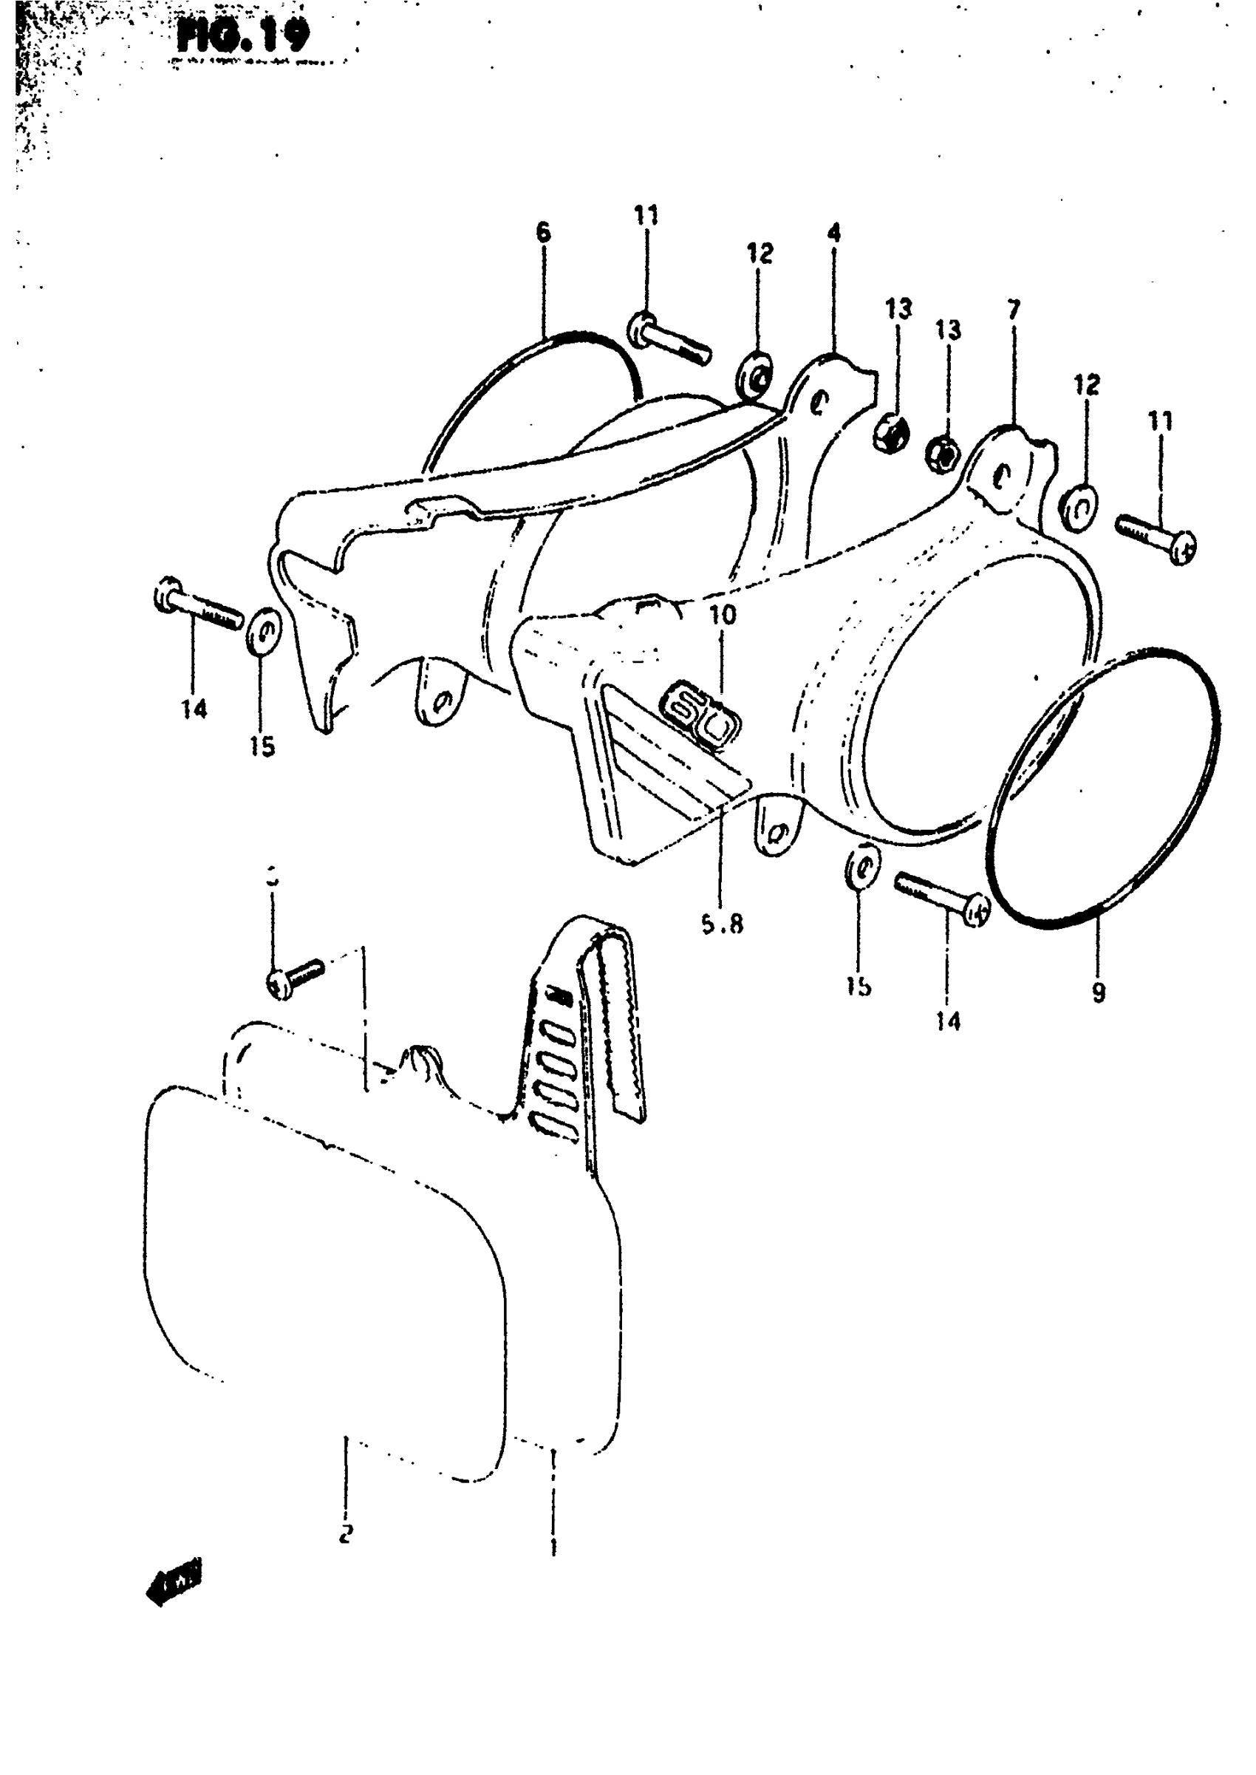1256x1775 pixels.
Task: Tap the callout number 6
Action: pyautogui.click(x=543, y=231)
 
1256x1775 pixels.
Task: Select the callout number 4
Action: pyautogui.click(x=833, y=232)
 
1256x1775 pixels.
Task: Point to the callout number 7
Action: pyautogui.click(x=1014, y=311)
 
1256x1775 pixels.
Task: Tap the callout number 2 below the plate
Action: pyautogui.click(x=346, y=1531)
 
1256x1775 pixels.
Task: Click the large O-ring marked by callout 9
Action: pyautogui.click(x=1106, y=789)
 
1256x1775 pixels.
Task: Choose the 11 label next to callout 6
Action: pyautogui.click(x=646, y=215)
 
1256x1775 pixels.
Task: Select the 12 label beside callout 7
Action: pyautogui.click(x=1087, y=385)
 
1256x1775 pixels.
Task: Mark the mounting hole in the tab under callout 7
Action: pyautogui.click(x=1003, y=475)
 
